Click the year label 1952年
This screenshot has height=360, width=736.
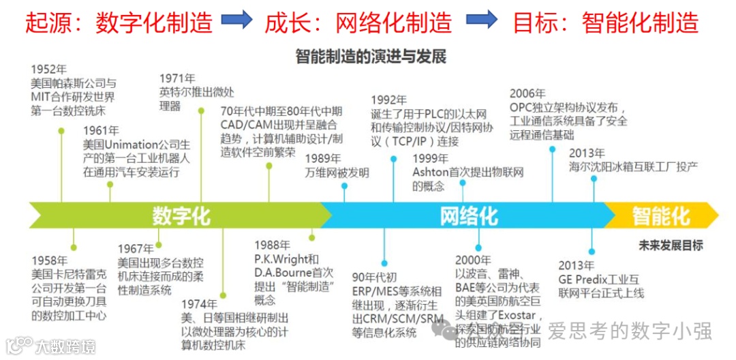point(49,70)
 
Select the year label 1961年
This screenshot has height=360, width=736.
point(101,130)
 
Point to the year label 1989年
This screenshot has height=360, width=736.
point(324,159)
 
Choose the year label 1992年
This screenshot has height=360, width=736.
point(388,100)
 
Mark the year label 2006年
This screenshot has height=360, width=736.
point(527,93)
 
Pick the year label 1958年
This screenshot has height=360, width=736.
point(49,260)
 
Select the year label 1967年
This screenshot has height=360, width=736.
point(135,249)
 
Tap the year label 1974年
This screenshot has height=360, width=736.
point(199,304)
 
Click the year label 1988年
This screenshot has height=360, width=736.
point(272,245)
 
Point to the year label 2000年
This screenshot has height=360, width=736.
point(473,260)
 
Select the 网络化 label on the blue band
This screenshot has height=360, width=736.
point(469,216)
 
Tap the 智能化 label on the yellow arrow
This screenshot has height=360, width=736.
point(660,216)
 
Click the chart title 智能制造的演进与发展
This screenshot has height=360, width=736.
point(371,56)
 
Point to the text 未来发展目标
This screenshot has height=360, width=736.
point(671,245)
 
